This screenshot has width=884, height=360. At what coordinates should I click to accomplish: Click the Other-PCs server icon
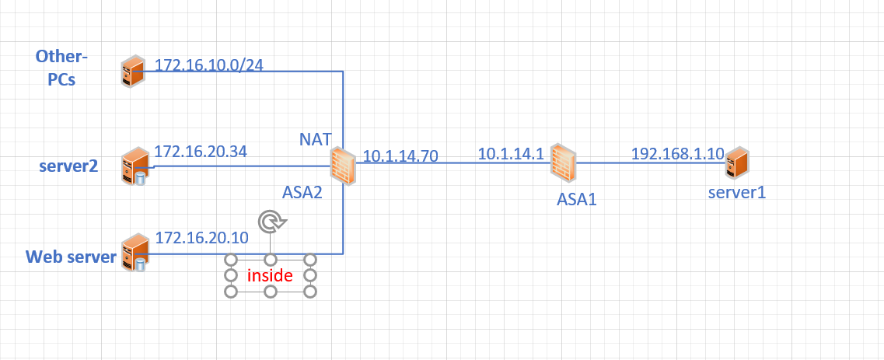point(133,72)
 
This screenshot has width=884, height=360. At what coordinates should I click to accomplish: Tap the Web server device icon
point(134,253)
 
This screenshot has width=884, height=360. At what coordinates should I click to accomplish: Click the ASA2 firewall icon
point(342,166)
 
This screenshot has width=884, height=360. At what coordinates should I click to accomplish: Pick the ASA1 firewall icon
point(562,162)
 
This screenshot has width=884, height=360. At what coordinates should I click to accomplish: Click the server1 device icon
point(737,163)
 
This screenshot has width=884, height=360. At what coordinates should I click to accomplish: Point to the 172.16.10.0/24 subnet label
point(209,65)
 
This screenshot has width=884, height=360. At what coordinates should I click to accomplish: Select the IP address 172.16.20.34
point(201,152)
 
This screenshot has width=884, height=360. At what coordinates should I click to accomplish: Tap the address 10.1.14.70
point(400,156)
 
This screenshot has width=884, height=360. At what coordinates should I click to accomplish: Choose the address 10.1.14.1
point(511,154)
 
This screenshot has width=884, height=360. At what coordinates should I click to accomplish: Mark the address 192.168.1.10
point(677,153)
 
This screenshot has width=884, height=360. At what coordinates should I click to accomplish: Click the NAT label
point(316,139)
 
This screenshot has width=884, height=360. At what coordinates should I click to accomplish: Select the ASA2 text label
point(302,191)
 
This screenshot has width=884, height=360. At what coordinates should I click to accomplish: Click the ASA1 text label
point(576,199)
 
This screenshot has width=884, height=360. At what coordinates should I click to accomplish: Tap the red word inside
point(270,275)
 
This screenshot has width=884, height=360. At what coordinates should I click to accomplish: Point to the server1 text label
point(736,192)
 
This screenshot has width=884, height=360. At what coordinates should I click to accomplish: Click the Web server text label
point(71,257)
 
